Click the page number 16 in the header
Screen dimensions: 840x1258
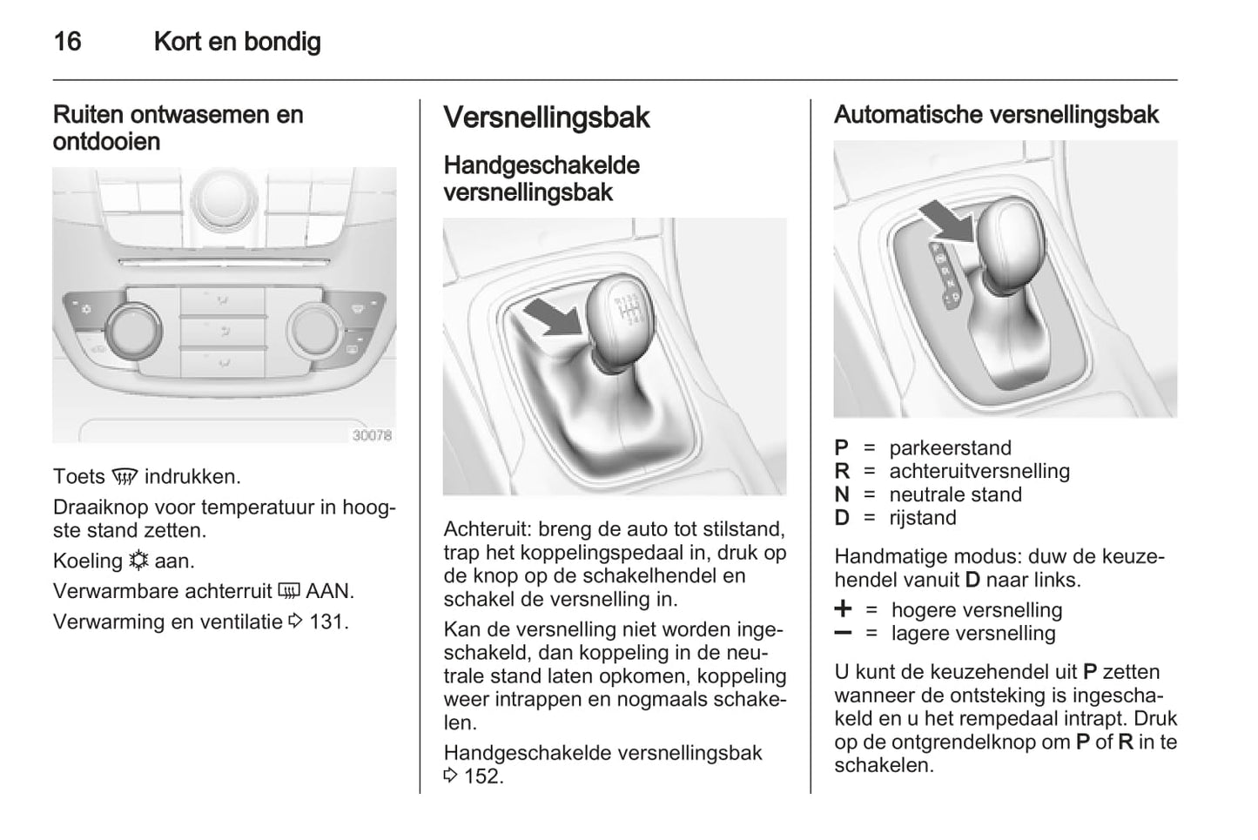(x=67, y=41)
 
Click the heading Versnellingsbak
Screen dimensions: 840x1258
(x=546, y=118)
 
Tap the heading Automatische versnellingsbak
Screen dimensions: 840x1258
(x=996, y=115)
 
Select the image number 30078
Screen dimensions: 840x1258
(x=372, y=435)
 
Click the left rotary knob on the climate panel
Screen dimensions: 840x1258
(x=132, y=329)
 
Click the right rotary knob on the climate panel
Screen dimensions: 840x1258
(x=314, y=329)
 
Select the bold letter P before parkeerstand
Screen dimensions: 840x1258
(x=841, y=448)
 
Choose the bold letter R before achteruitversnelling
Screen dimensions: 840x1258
(x=841, y=472)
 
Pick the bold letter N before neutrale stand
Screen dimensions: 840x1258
(x=841, y=495)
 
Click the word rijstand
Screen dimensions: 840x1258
(x=923, y=518)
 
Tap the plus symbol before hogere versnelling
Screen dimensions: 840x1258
(x=843, y=608)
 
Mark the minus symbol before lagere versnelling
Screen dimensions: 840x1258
(x=842, y=633)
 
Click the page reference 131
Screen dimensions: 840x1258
(x=328, y=622)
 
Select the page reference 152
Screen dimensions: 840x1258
(x=483, y=776)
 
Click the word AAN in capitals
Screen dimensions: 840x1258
(x=329, y=592)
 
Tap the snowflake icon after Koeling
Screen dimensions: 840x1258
(x=138, y=561)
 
